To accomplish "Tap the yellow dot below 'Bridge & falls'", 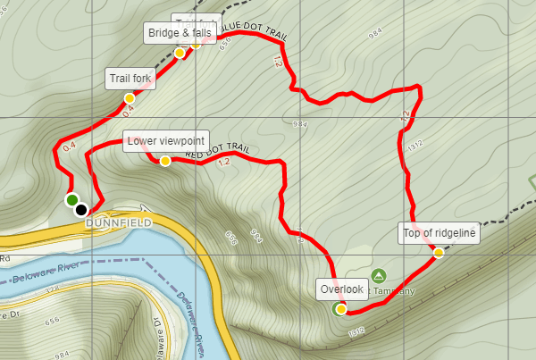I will tap(180, 53).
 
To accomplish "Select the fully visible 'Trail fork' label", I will tap(130, 78).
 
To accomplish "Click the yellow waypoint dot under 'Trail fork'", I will tap(130, 97).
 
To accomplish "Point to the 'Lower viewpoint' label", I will tap(167, 140).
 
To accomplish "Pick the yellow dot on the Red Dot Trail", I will tap(165, 161).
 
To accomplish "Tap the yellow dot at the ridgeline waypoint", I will tap(439, 254).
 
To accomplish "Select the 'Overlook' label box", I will tap(341, 289).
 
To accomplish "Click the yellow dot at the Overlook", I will tap(341, 309).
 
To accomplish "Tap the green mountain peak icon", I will tap(378, 275).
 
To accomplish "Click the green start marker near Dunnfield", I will tap(71, 199).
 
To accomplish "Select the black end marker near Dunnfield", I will tap(81, 210).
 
